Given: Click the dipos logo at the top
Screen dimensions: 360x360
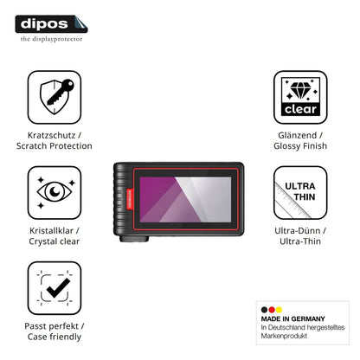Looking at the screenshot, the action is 51,24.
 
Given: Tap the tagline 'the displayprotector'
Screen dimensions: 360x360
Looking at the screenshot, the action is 51,39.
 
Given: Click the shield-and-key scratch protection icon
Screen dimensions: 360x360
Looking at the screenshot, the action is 55,97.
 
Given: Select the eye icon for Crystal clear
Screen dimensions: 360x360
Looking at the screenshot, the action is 55,192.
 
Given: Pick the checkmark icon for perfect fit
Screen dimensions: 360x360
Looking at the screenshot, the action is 55,288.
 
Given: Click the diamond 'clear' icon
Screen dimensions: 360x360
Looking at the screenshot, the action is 300,97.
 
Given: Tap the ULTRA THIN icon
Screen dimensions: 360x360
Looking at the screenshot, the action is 300,192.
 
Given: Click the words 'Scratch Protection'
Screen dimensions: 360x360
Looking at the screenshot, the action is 55,146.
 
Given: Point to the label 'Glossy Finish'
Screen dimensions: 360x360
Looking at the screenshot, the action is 300,146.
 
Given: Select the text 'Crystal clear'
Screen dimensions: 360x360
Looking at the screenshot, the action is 55,241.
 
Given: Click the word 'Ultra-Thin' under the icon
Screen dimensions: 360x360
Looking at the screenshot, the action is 300,241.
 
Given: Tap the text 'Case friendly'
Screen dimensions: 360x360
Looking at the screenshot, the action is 55,337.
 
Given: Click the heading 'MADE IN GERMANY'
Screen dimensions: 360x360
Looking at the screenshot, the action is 292,318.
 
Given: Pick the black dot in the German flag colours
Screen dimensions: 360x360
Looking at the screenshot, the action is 264,310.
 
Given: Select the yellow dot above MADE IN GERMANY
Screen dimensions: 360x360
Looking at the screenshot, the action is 279,310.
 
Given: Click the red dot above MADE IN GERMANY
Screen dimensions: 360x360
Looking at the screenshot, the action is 272,310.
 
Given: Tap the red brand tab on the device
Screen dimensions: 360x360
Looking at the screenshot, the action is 130,199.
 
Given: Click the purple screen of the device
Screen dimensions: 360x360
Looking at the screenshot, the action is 185,200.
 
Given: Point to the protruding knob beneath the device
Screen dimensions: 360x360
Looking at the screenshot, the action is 134,239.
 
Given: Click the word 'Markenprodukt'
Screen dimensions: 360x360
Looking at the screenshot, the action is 284,336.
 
